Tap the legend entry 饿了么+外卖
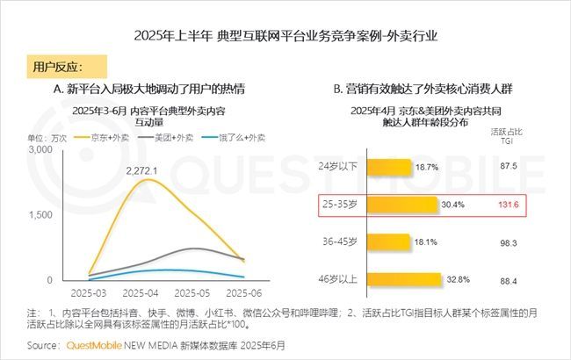[234, 137]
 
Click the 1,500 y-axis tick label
[40, 215]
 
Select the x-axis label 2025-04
[141, 292]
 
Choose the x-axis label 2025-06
[242, 292]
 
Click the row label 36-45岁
[338, 241]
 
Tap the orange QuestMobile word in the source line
[94, 345]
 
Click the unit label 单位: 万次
[47, 138]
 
